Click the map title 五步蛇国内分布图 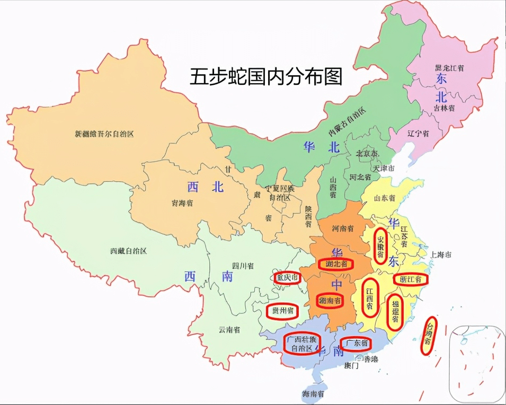tap(266, 77)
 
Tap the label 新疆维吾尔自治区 tap(104, 134)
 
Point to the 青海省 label tap(182, 202)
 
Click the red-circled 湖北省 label tap(335, 263)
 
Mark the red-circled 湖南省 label tap(331, 301)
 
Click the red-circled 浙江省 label tap(411, 279)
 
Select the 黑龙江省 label tap(449, 68)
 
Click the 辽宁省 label tap(418, 134)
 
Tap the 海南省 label tap(313, 394)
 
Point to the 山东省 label tap(385, 198)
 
